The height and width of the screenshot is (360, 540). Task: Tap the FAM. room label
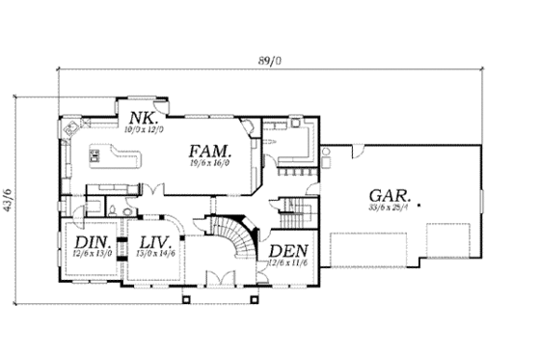tap(210, 152)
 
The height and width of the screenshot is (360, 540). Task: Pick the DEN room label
tap(286, 251)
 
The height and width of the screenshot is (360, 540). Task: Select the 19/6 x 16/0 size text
tap(210, 165)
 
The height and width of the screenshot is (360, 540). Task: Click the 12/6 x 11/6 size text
tap(286, 263)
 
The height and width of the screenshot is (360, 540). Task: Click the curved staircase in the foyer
tap(234, 238)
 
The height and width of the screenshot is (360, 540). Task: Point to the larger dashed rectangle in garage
tap(371, 249)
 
